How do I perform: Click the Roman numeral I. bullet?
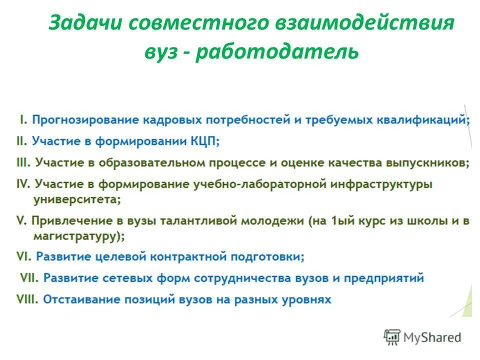pyautogui.click(x=23, y=120)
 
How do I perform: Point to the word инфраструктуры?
pyautogui.click(x=380, y=184)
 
